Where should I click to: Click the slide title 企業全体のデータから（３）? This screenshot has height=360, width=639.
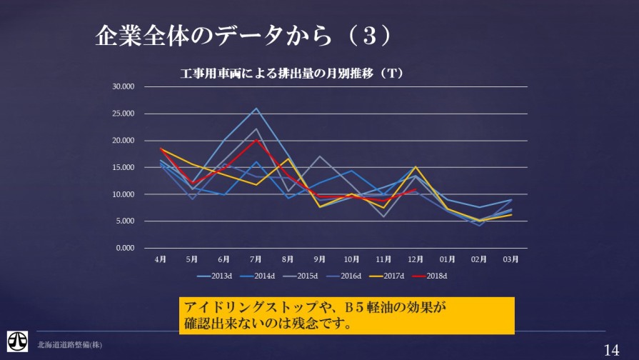click(243, 36)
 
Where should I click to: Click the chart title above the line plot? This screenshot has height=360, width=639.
click(292, 73)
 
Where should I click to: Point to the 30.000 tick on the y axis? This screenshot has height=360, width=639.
click(124, 87)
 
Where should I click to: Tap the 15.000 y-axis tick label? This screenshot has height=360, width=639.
click(124, 168)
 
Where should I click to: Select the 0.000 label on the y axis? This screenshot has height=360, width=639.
click(126, 248)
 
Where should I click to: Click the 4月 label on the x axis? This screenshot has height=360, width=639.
click(160, 259)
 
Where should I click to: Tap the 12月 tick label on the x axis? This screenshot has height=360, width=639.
click(416, 259)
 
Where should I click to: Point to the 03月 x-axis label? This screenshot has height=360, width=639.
click(511, 259)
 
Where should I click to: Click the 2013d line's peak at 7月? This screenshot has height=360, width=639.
click(256, 109)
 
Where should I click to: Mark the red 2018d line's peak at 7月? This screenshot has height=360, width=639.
click(256, 140)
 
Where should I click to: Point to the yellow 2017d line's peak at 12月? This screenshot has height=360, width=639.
click(416, 167)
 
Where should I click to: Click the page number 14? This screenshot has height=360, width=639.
click(612, 349)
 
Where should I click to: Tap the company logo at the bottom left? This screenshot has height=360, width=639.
click(18, 341)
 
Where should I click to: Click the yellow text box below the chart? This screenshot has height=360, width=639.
click(346, 315)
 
